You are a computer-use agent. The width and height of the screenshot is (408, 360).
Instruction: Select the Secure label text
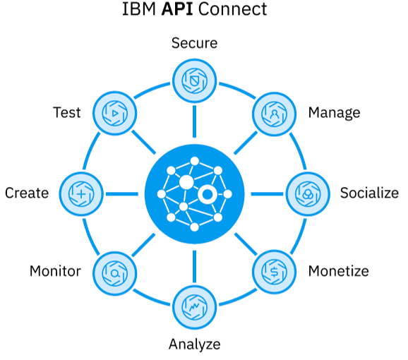(194, 43)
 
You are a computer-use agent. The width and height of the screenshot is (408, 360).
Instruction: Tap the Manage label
(334, 113)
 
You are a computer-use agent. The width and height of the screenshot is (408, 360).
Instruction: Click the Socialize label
(369, 193)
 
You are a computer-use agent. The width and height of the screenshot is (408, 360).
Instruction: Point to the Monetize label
(338, 271)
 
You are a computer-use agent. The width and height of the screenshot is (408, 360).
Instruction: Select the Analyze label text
(194, 344)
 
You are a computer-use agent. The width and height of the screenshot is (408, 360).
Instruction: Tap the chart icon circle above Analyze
(194, 305)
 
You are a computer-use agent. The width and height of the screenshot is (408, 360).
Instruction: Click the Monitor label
(55, 271)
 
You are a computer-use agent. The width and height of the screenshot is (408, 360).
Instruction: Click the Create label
(27, 193)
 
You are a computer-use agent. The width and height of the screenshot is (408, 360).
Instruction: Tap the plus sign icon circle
(82, 193)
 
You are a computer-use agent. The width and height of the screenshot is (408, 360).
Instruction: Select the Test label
(67, 113)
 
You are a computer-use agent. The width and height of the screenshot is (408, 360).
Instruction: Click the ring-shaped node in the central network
(208, 195)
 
